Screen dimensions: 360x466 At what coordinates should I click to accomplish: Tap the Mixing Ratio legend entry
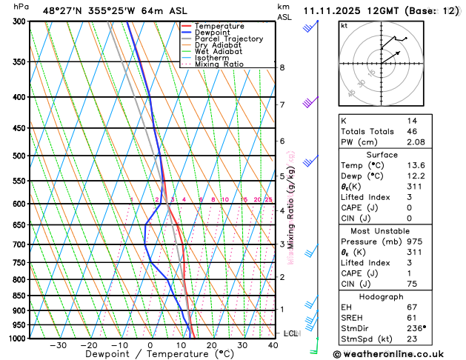click(x=219, y=64)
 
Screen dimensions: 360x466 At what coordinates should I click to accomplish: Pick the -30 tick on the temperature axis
click(x=58, y=345)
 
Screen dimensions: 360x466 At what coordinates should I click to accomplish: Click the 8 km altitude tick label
click(x=282, y=67)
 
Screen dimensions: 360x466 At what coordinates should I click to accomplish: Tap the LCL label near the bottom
click(x=291, y=333)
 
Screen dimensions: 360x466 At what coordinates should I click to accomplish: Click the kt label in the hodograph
click(x=344, y=25)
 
